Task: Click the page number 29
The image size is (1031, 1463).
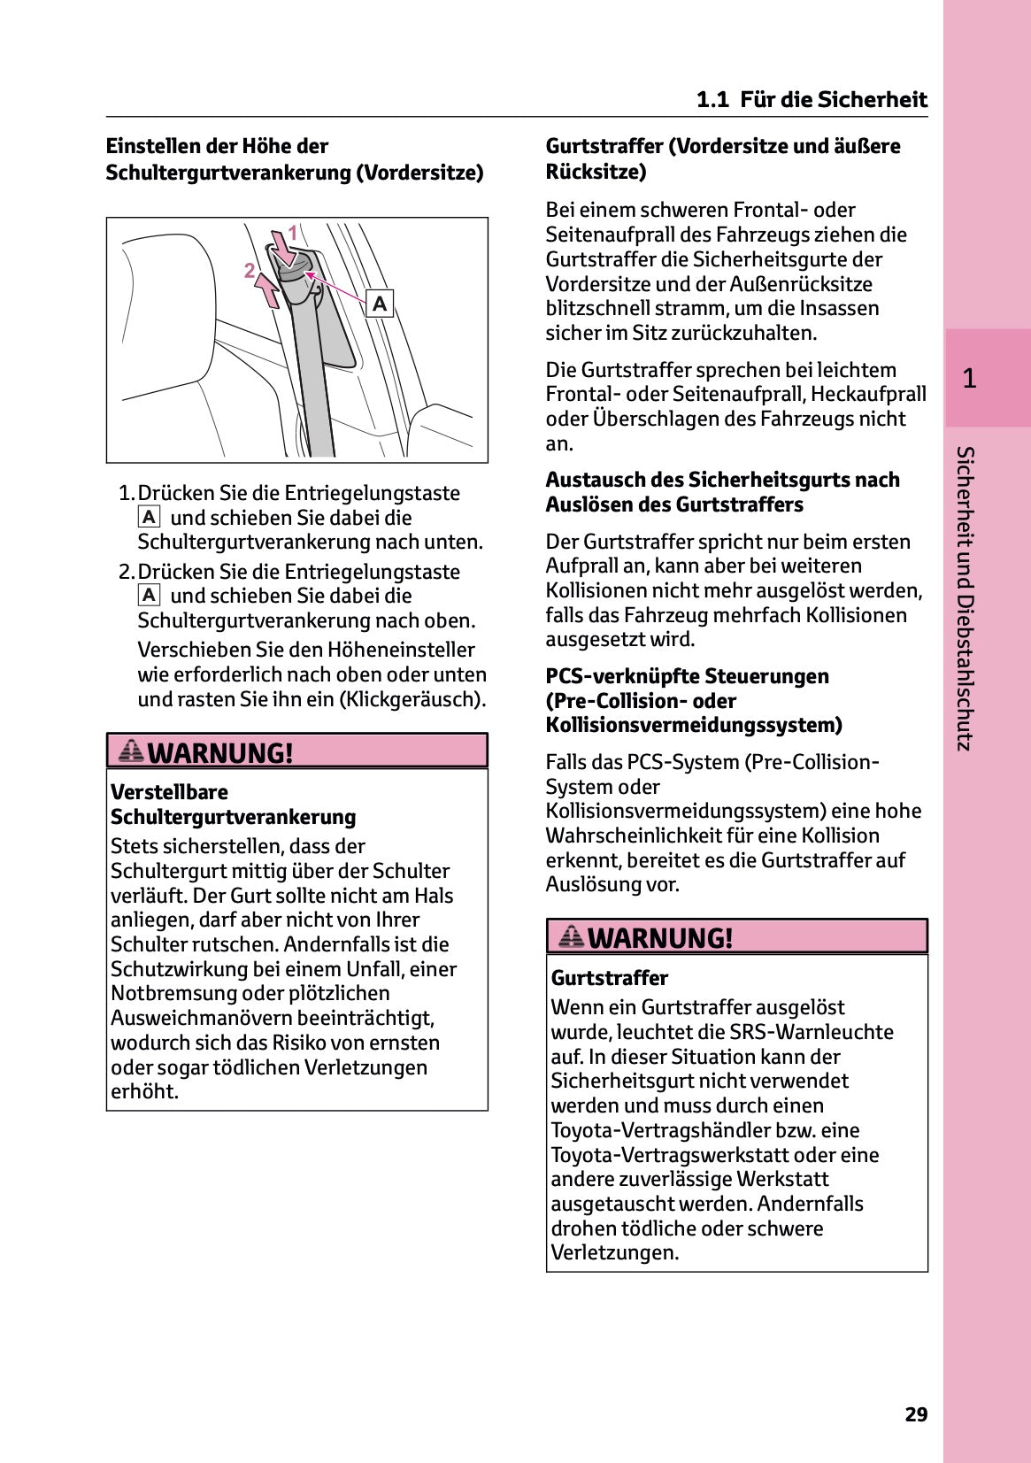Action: [x=916, y=1414]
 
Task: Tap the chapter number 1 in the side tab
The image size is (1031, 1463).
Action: [x=969, y=379]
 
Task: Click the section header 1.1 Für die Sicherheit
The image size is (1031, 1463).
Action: [x=812, y=99]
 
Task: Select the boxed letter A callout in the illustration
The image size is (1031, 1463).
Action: [x=380, y=304]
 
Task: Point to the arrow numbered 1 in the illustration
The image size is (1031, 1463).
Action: [x=284, y=247]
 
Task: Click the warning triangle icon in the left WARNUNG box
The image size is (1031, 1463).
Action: [x=131, y=751]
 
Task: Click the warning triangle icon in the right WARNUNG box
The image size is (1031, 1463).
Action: [x=571, y=936]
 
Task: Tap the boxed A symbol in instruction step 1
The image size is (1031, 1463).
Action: [x=149, y=517]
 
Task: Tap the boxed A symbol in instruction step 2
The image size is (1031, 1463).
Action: [x=149, y=595]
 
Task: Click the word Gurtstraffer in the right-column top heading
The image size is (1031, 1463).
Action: [x=604, y=146]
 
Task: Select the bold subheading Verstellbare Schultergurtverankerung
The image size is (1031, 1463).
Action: [x=233, y=805]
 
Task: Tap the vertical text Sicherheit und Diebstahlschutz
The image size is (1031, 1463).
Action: [x=966, y=598]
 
